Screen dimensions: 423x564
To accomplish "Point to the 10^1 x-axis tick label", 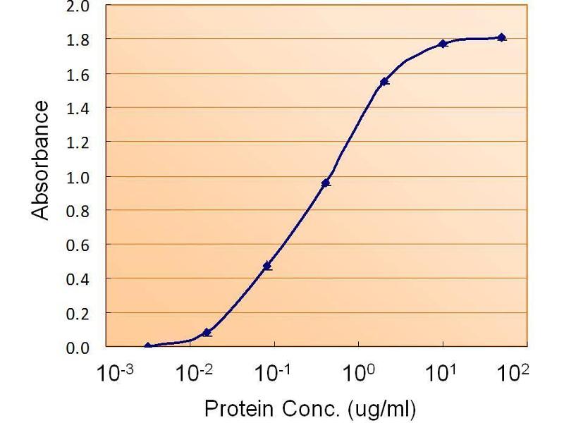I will coord(443,372).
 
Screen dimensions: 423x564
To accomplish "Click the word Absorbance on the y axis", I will coord(42,160).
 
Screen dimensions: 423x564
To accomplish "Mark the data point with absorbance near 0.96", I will coord(325,183).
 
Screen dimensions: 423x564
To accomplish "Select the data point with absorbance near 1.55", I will coord(384,82).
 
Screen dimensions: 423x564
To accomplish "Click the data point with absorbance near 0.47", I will coord(266,266).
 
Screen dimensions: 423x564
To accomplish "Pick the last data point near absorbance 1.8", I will coord(501,37).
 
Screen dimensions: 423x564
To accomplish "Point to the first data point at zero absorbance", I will coord(148,346).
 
